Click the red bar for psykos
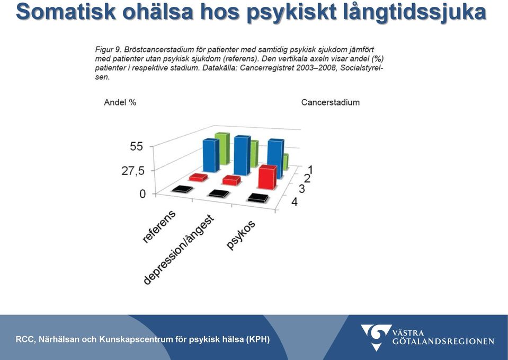268,177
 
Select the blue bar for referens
211,155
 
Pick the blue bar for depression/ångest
242,155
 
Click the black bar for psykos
258,198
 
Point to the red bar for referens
199,178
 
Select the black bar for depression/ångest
219,194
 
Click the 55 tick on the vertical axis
136,146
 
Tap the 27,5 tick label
133,171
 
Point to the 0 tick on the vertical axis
142,194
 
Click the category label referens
159,226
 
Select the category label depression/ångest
179,250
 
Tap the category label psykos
240,235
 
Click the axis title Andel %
120,102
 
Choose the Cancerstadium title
331,102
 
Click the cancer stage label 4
295,202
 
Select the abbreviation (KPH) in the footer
257,339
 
